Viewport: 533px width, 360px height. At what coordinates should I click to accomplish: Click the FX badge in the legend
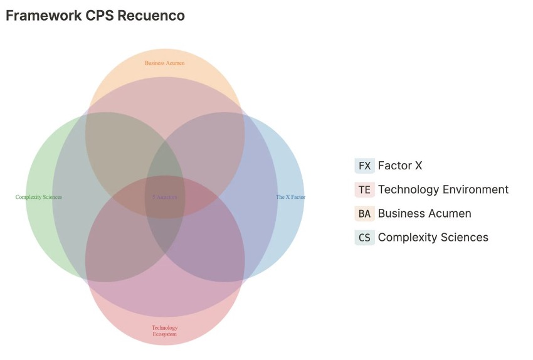coord(364,166)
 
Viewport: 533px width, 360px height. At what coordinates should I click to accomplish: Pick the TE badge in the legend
coord(364,189)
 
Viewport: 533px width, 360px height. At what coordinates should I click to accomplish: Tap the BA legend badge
coord(364,213)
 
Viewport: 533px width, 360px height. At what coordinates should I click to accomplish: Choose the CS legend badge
coord(364,237)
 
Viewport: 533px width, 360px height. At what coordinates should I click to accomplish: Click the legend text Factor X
coord(399,166)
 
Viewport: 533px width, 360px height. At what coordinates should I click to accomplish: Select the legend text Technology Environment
coord(443,189)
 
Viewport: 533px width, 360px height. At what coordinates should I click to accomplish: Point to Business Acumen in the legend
coord(424,213)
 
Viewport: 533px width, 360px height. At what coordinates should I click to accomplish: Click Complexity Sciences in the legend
coord(433,237)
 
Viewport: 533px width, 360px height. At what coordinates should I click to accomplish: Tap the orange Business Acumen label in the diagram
coord(164,63)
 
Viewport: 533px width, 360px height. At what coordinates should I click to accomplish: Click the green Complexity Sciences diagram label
coord(39,197)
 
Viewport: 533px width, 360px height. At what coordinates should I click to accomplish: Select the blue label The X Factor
coord(290,197)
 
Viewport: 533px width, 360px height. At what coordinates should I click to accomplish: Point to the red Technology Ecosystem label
coord(164,331)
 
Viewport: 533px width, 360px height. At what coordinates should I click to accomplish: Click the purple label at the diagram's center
coord(165,197)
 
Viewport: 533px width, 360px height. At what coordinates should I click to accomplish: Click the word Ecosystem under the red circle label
coord(164,334)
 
